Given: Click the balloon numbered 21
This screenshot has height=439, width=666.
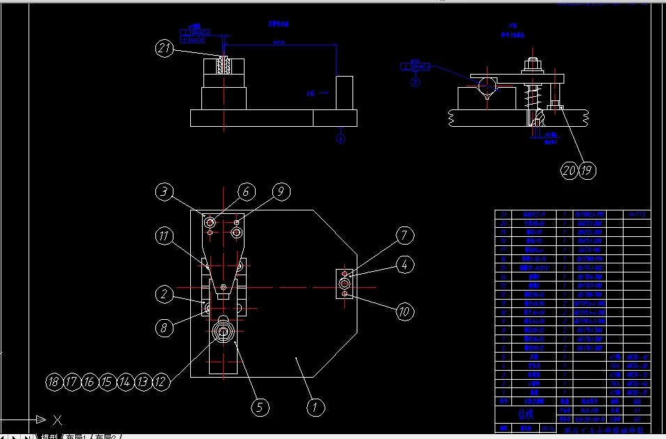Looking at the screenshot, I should [x=164, y=48].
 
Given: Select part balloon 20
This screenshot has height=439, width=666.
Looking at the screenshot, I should [x=570, y=170].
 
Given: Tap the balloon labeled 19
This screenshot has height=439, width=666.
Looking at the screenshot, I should [x=164, y=192].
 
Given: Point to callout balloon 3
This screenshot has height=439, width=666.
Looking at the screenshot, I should [x=403, y=264].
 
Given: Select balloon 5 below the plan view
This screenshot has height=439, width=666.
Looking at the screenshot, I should [x=260, y=407].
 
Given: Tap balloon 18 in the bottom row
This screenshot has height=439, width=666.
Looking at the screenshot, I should [x=54, y=381].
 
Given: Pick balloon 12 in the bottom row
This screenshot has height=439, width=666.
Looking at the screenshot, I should [x=160, y=381].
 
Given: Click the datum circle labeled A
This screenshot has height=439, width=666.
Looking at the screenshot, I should [x=341, y=139].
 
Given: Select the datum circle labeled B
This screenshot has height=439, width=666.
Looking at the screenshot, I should [x=416, y=82].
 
